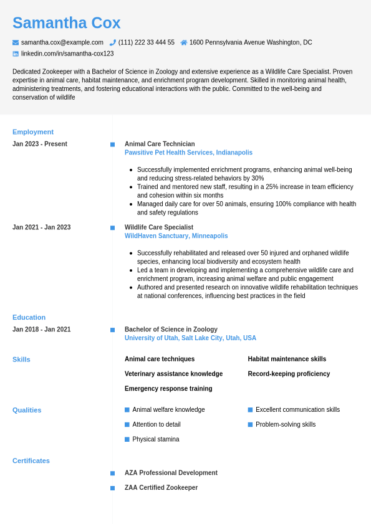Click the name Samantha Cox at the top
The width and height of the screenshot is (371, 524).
pyautogui.click(x=66, y=23)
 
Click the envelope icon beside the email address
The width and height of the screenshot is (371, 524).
pyautogui.click(x=16, y=42)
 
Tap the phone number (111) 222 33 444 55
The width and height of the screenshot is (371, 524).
pyautogui.click(x=146, y=42)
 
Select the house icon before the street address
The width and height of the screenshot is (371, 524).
pyautogui.click(x=184, y=42)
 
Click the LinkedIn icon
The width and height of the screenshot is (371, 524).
pyautogui.click(x=16, y=54)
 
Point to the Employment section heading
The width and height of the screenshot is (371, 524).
pyautogui.click(x=33, y=132)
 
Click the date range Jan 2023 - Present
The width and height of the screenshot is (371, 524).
pyautogui.click(x=40, y=144)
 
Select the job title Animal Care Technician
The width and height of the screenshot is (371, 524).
pyautogui.click(x=160, y=144)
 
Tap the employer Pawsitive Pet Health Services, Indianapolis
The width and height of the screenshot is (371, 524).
pyautogui.click(x=188, y=153)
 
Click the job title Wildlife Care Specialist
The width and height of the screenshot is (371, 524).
pyautogui.click(x=159, y=227)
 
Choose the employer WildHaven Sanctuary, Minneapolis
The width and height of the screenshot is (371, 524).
pyautogui.click(x=176, y=236)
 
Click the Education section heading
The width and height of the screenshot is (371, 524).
pyautogui.click(x=29, y=317)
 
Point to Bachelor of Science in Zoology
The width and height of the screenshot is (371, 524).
pyautogui.click(x=171, y=330)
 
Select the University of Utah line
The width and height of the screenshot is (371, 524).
pyautogui.click(x=190, y=338)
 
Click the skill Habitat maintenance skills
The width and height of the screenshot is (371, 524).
pyautogui.click(x=287, y=359)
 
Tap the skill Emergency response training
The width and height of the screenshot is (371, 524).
pyautogui.click(x=168, y=389)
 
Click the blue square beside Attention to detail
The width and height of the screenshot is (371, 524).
pyautogui.click(x=127, y=424)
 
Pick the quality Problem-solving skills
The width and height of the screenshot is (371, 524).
pyautogui.click(x=286, y=424)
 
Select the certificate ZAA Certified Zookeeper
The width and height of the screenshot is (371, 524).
pyautogui.click(x=161, y=488)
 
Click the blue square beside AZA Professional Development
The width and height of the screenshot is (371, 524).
pyautogui.click(x=113, y=474)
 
